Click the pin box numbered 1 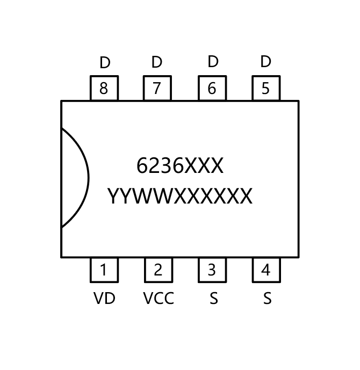(x=104, y=270)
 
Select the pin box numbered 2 (x=158, y=270)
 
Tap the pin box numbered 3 (x=212, y=270)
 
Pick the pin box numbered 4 (x=266, y=270)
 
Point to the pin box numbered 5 (x=265, y=88)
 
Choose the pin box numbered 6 (x=212, y=88)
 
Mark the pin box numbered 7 (x=157, y=88)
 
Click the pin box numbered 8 (x=104, y=88)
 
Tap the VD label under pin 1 (x=104, y=298)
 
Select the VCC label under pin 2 (x=159, y=298)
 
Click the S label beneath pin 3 (x=213, y=298)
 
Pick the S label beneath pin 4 (x=267, y=298)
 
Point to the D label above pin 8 (x=105, y=63)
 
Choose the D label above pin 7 (x=156, y=62)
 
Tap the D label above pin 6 (x=213, y=62)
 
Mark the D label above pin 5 (x=265, y=62)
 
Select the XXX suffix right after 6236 (x=204, y=166)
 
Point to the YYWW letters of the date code (x=140, y=197)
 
